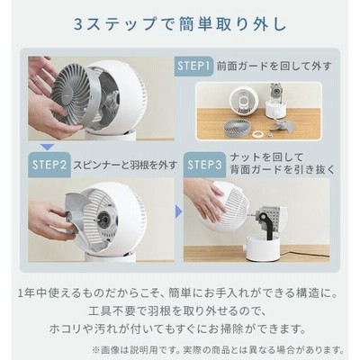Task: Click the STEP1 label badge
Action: pyautogui.click(x=193, y=66)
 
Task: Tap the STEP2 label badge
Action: pyautogui.click(x=49, y=165)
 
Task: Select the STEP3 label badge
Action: pyautogui.click(x=204, y=165)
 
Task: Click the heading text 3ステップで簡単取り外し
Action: pyautogui.click(x=180, y=24)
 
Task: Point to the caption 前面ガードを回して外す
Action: pyautogui.click(x=274, y=66)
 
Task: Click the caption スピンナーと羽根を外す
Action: pyautogui.click(x=125, y=165)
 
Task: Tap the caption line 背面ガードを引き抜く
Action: pyautogui.click(x=283, y=170)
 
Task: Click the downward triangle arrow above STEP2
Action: pyautogui.click(x=47, y=148)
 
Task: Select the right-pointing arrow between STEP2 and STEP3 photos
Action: pyautogui.click(x=178, y=212)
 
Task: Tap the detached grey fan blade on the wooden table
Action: pyautogui.click(x=282, y=126)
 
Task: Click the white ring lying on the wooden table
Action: pyautogui.click(x=257, y=133)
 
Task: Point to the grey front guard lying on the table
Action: pyautogui.click(x=237, y=128)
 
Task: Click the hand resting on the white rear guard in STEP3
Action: pyautogui.click(x=204, y=199)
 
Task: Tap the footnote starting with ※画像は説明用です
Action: pyautogui.click(x=218, y=350)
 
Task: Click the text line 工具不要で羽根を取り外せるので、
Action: pyautogui.click(x=177, y=311)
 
